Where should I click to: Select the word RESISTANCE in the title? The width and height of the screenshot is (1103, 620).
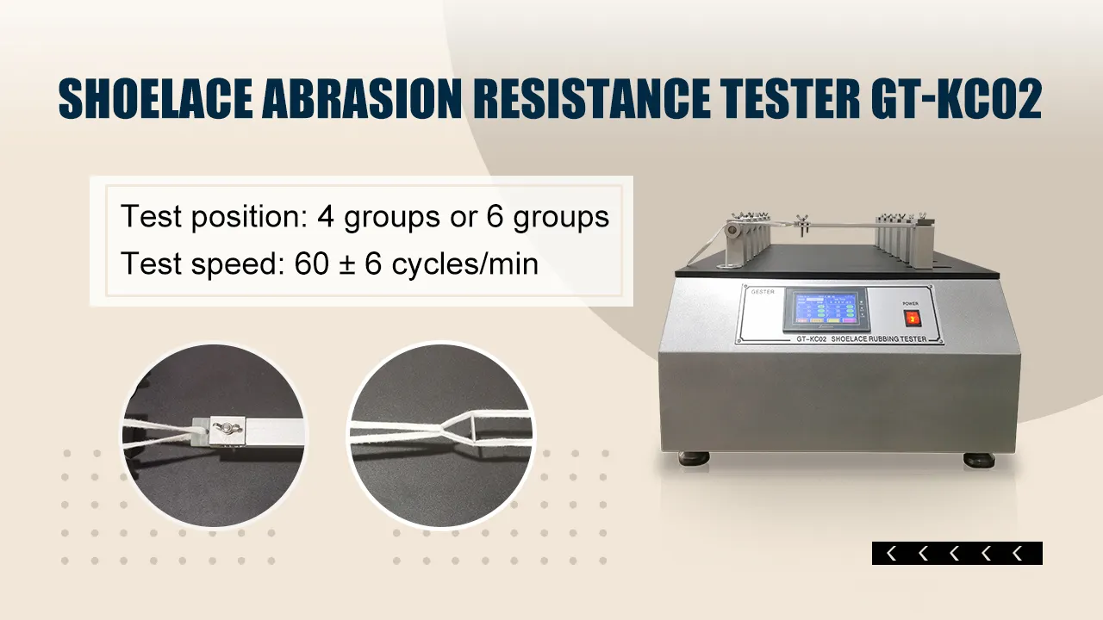pyautogui.click(x=598, y=101)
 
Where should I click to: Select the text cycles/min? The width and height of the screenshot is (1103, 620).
pyautogui.click(x=465, y=263)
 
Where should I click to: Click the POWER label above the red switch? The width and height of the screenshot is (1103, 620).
pyautogui.click(x=911, y=303)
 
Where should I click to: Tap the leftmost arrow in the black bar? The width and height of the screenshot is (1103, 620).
pyautogui.click(x=891, y=554)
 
